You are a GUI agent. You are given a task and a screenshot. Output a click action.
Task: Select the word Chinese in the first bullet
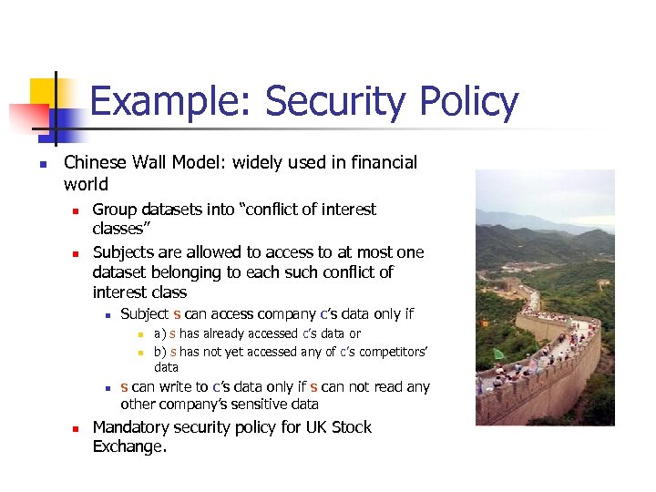[94, 162]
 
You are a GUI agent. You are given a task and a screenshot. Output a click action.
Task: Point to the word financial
[382, 162]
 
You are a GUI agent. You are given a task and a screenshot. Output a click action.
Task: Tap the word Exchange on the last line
[130, 446]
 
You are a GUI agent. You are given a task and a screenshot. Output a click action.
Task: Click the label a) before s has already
[159, 333]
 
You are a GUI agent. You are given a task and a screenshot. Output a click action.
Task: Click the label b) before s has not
[159, 352]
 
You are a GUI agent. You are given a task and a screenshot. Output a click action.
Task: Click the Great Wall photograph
[545, 297]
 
